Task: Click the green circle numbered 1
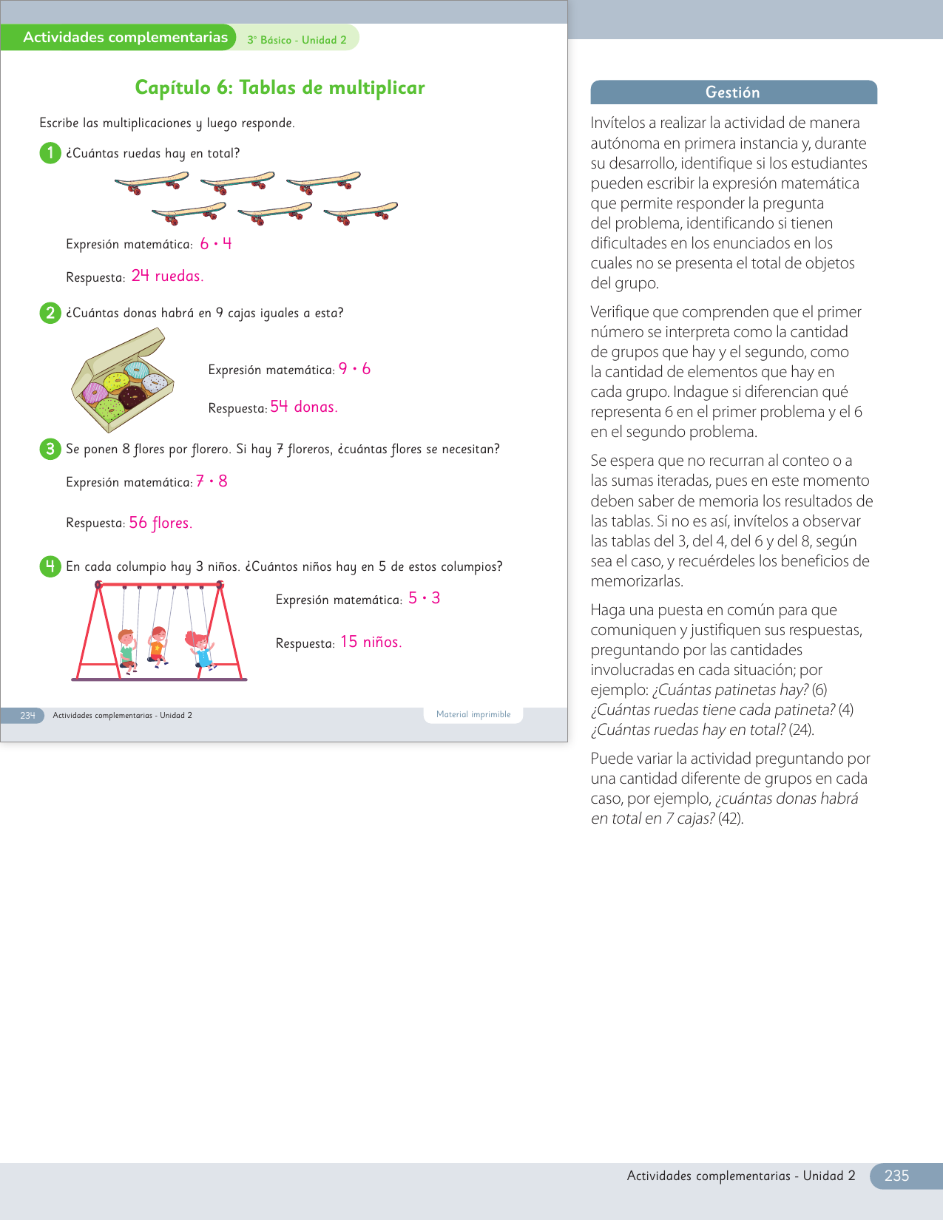pos(50,153)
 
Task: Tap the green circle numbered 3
pos(50,449)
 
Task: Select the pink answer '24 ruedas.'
pos(167,276)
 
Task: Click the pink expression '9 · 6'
pos(354,369)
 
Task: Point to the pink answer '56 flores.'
pos(160,523)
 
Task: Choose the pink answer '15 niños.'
pos(371,642)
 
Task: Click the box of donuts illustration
pos(123,381)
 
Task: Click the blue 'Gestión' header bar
pos(733,92)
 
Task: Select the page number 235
pos(896,1176)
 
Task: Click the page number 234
pos(27,716)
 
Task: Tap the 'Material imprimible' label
pos(473,714)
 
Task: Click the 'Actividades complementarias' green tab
pos(125,38)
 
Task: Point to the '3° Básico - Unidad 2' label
pos(297,40)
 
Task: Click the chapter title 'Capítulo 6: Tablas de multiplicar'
pos(280,87)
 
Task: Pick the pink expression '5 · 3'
pos(424,598)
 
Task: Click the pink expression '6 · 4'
pos(216,243)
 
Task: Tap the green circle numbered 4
pos(50,566)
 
